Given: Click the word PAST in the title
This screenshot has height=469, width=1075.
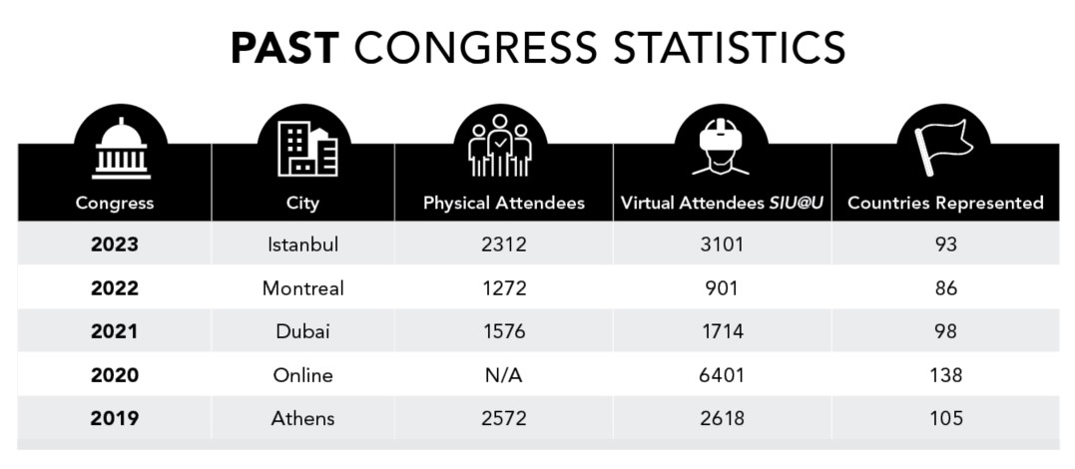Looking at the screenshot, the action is [x=285, y=48].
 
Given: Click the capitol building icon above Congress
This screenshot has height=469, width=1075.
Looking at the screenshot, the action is [x=121, y=149].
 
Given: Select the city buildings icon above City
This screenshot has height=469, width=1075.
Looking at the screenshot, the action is [x=307, y=149].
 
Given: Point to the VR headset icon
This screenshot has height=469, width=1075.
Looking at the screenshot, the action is [x=721, y=146].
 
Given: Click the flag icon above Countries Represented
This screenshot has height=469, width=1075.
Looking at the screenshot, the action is [x=943, y=148].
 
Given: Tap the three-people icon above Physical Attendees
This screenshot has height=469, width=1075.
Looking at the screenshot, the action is [x=500, y=146].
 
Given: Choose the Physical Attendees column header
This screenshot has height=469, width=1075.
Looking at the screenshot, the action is [x=504, y=203].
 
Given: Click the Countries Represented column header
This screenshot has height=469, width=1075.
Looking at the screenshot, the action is [x=945, y=203].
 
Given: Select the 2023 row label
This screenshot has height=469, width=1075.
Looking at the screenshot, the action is [x=115, y=244].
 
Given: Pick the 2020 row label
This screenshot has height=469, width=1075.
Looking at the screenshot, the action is [x=115, y=375].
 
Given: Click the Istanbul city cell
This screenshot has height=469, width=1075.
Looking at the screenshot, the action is [x=303, y=244].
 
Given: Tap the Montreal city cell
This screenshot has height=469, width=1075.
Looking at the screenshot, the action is [x=303, y=288].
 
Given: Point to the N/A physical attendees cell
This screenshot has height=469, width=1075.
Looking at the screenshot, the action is [x=504, y=375].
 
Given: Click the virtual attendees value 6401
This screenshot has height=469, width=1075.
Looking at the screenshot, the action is [x=722, y=375].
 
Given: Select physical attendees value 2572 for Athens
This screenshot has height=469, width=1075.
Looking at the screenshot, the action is [x=504, y=418].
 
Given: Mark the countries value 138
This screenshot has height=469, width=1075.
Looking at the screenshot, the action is [x=945, y=375].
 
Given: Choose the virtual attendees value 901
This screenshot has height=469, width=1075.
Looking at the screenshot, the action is [x=722, y=288].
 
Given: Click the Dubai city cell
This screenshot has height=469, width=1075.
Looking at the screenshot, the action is [x=303, y=331].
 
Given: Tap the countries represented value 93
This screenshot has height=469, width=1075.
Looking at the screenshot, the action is [x=945, y=244].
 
